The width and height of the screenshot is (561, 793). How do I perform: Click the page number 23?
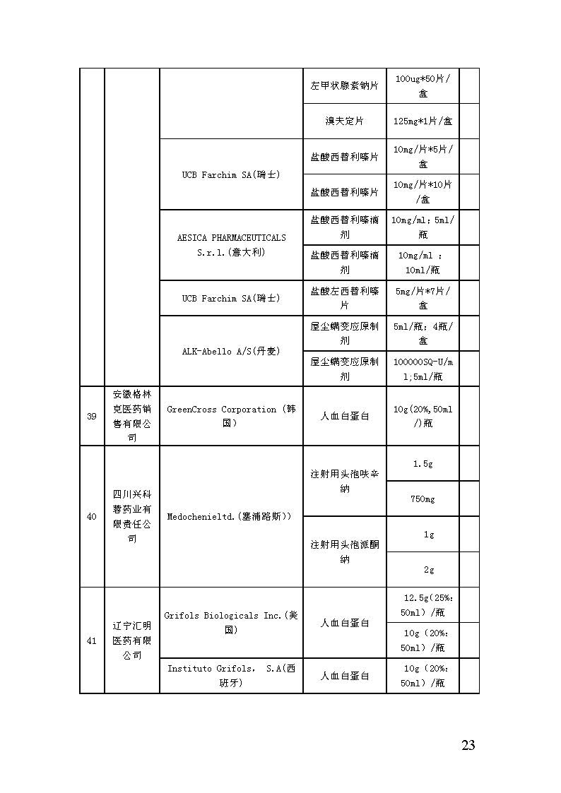tap(468, 745)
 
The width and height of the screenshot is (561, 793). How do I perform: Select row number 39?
tap(92, 416)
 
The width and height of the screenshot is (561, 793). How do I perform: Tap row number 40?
tap(92, 516)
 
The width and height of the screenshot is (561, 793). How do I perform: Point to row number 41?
tap(92, 640)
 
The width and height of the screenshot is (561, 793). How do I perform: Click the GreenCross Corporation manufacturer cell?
tap(231, 416)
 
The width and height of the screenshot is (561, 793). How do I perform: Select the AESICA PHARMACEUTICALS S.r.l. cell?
tap(231, 245)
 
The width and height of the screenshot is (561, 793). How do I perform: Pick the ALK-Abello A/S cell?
tap(231, 351)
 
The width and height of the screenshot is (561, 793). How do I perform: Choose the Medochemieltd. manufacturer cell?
tap(231, 516)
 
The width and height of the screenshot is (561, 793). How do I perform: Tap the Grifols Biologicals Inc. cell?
tap(231, 622)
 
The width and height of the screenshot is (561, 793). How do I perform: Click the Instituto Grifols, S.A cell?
tap(231, 676)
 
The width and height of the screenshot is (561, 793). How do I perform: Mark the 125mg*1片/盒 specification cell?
tap(423, 121)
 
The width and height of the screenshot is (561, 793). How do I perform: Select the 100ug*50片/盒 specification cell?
tap(423, 85)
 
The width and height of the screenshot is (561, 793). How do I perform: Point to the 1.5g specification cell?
tap(423, 463)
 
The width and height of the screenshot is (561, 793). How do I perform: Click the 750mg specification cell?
tap(423, 499)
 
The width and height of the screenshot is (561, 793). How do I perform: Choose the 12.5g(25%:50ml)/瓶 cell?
tap(423, 605)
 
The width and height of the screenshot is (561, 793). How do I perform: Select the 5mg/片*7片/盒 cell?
tap(423, 298)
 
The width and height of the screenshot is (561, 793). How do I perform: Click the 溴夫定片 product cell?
tap(344, 121)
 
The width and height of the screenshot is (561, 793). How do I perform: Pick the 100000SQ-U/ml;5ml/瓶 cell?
tap(423, 369)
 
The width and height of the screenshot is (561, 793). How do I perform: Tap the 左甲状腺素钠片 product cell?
tap(344, 85)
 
